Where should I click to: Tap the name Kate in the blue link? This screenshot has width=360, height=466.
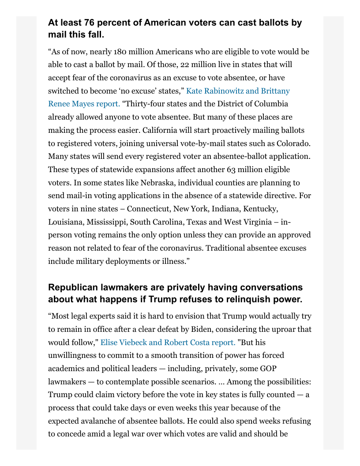pyautogui.click(x=195, y=91)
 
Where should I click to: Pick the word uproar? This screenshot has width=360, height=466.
pyautogui.click(x=283, y=329)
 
